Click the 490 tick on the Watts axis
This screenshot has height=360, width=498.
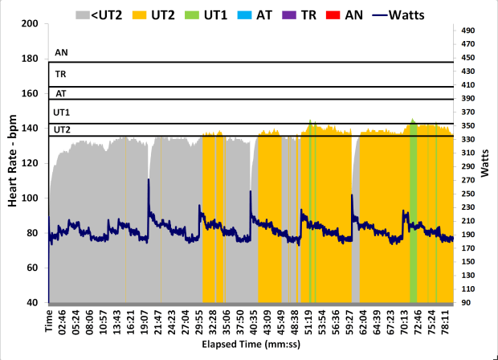pos(468,30)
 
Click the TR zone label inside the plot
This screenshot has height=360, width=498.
pos(60,74)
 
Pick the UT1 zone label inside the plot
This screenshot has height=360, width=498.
pos(62,112)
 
